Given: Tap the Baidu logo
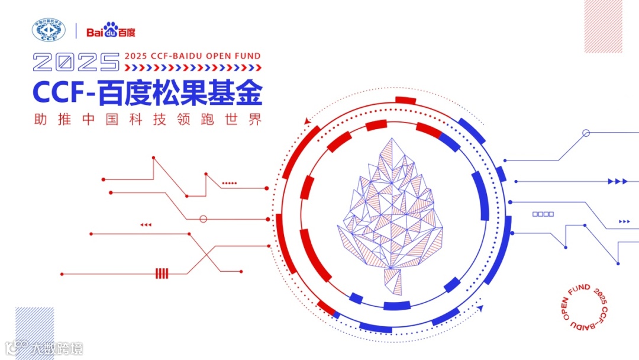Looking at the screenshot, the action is [111, 30].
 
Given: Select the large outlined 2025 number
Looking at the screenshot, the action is [76, 62].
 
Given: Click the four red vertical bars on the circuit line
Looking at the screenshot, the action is [162, 274].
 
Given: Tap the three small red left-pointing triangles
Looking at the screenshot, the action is [146, 225].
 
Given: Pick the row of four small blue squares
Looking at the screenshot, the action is [543, 214].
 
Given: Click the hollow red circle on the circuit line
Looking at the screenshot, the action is [204, 219].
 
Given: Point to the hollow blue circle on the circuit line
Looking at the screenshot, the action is [586, 133].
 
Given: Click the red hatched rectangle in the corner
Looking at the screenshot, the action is [603, 25].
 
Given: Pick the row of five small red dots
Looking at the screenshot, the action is [229, 184].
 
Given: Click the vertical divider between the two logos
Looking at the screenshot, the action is [76, 31].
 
